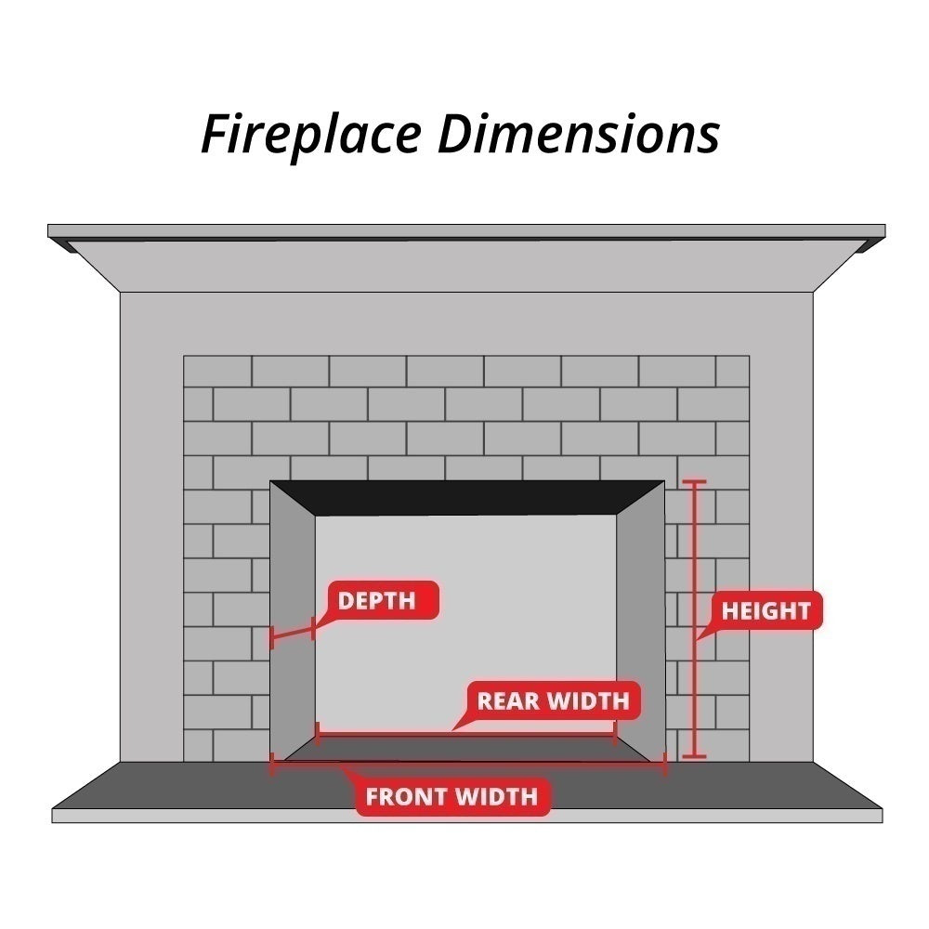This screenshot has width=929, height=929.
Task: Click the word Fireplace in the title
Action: (x=311, y=135)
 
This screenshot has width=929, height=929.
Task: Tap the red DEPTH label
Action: (x=376, y=600)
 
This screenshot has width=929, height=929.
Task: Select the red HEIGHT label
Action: (x=765, y=610)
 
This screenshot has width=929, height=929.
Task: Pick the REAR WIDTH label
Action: (x=553, y=700)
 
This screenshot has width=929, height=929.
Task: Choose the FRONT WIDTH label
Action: (x=451, y=796)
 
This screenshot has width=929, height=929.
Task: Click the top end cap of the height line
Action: (x=694, y=482)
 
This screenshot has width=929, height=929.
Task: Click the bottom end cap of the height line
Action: (x=694, y=756)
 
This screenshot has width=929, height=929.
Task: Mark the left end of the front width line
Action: (x=272, y=765)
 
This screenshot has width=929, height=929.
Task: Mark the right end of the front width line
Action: (x=665, y=765)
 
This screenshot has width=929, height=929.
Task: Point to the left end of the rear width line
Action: (x=318, y=734)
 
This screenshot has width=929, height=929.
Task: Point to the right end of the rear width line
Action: (x=615, y=734)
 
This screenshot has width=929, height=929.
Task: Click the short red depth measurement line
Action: (x=292, y=635)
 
